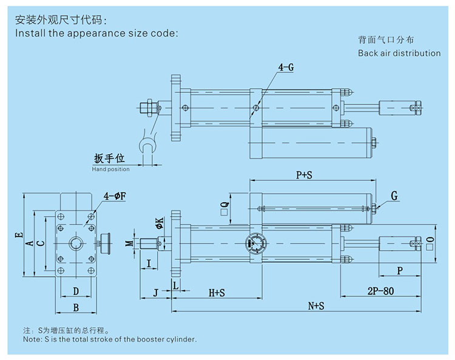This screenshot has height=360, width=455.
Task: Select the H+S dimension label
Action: tap(217, 292)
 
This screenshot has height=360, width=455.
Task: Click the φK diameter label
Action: tap(159, 223)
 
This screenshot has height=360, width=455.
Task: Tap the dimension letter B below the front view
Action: tap(76, 307)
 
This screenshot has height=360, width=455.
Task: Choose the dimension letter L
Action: tap(175, 285)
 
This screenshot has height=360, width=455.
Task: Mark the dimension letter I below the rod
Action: tap(149, 263)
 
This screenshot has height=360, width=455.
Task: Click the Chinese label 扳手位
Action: tap(109, 158)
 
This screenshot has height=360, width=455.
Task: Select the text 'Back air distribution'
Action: tap(399, 53)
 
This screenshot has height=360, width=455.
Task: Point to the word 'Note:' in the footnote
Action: tap(32, 340)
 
